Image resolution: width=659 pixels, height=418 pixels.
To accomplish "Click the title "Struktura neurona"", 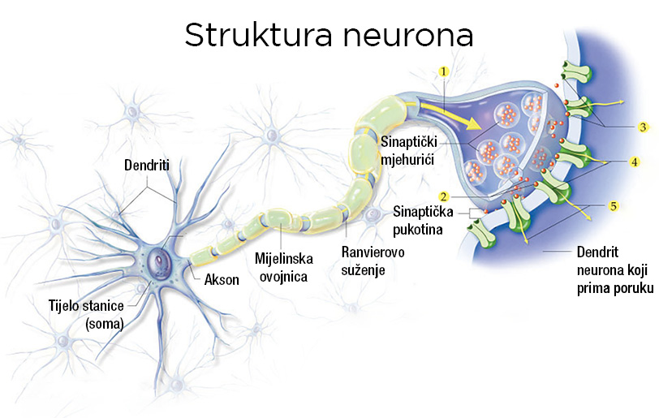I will pyautogui.click(x=329, y=35).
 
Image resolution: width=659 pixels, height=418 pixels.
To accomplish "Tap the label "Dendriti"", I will pyautogui.click(x=147, y=166).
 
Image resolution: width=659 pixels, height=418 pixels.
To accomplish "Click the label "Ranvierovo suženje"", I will pyautogui.click(x=370, y=260).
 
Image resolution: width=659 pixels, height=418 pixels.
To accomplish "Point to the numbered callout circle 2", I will pyautogui.click(x=444, y=196).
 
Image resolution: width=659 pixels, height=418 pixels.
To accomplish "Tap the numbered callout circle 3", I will pyautogui.click(x=643, y=127).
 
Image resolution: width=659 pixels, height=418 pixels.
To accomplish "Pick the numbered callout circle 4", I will pyautogui.click(x=634, y=162).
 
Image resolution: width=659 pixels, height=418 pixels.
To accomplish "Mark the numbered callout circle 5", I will pyautogui.click(x=614, y=206).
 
